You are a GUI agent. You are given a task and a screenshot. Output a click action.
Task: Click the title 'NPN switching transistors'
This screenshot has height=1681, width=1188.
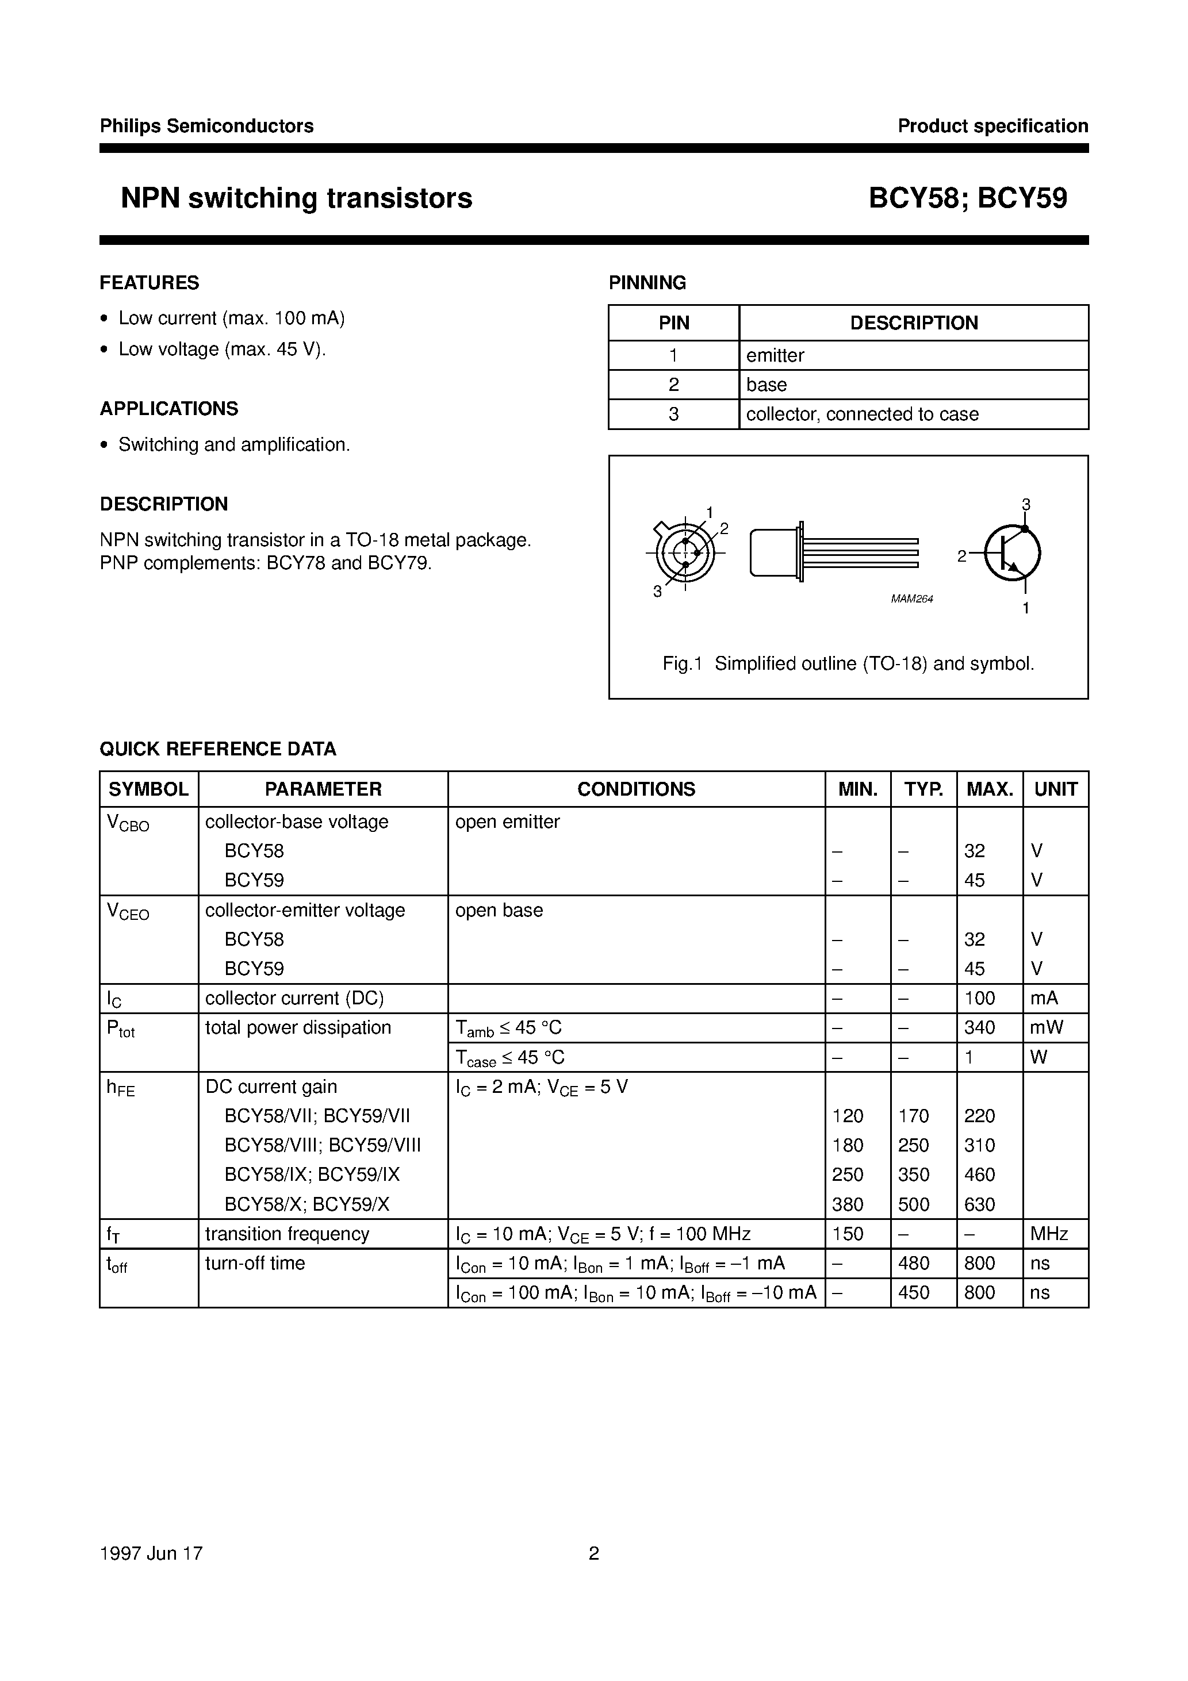296,198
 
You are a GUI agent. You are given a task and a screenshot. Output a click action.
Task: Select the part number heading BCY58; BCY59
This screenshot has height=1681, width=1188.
968,198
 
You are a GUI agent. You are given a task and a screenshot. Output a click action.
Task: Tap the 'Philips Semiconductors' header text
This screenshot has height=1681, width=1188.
206,126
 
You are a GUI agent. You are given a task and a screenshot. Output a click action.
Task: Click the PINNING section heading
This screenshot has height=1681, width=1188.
647,283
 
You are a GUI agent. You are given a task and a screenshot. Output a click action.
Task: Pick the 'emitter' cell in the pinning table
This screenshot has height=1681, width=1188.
775,355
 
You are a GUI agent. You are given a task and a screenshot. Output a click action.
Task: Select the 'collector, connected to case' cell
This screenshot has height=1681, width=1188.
862,414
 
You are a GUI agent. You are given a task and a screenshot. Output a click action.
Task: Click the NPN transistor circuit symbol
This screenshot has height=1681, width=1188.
1011,554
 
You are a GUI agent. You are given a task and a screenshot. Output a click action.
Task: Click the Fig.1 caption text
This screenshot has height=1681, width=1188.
848,663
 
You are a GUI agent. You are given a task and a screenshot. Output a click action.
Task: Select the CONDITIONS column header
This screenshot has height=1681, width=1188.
636,789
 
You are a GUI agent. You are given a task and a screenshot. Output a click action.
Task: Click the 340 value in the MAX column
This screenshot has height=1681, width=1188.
979,1027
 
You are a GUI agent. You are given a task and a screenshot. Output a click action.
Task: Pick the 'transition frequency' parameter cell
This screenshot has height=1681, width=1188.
287,1234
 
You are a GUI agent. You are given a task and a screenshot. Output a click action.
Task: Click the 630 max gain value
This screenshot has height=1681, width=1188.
979,1204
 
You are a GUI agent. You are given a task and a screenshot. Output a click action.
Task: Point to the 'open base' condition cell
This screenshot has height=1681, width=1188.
499,910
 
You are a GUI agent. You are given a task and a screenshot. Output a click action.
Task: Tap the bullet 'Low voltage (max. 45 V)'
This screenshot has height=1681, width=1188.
222,349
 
